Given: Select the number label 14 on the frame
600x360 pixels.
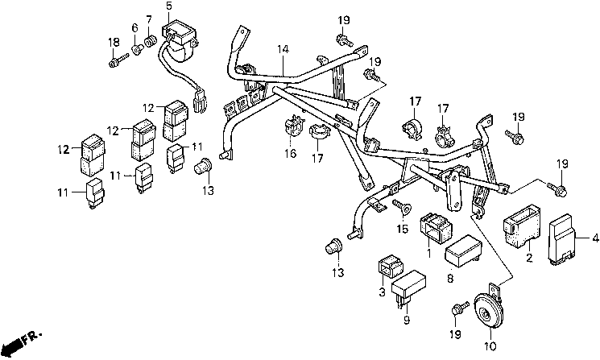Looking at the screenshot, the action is pos(283,49).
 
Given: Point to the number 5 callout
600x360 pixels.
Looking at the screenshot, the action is pos(169,6).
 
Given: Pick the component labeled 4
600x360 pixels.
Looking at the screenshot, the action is pos(561,240).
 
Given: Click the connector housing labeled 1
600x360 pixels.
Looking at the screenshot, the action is pos(436,228).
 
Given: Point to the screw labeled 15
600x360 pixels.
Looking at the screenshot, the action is pos(402,207).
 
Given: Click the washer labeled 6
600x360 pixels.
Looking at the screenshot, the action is pos(137,49).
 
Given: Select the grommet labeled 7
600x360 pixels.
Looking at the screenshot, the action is pos(151,41).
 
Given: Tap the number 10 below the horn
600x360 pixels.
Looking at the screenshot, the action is pos(490,346).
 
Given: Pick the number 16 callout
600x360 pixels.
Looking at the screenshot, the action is pos(291,153).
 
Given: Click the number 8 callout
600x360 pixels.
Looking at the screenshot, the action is pos(450,279).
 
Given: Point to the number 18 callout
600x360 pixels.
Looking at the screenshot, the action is pos(114,42).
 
